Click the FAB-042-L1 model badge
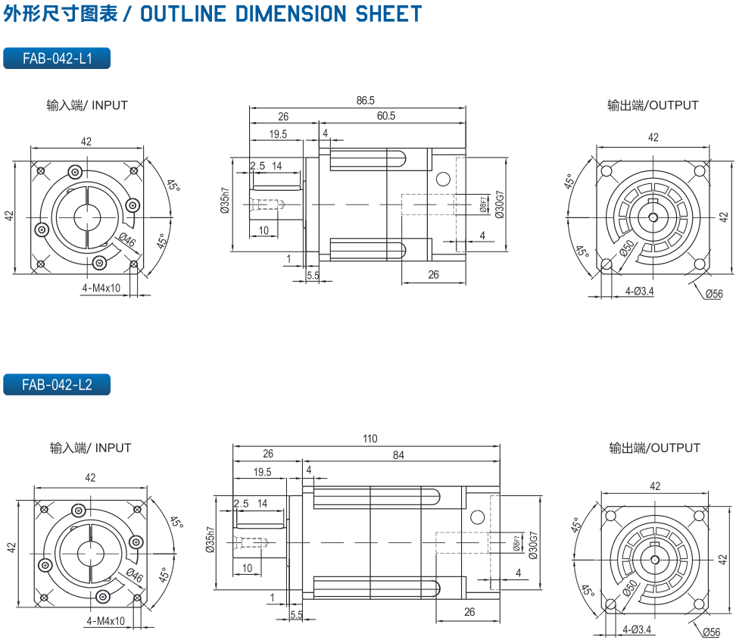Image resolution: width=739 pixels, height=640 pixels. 57,58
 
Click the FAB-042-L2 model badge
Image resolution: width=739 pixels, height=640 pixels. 57,385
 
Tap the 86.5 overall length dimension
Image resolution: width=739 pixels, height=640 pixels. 365,100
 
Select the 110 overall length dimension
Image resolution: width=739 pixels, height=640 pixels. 369,439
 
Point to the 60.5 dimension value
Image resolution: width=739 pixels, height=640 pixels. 386,116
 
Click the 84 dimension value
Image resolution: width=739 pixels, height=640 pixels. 398,454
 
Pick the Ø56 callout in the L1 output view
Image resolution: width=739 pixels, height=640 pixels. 713,294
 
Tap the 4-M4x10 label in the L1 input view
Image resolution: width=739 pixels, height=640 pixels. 102,288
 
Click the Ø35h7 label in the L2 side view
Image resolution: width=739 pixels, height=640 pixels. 209,542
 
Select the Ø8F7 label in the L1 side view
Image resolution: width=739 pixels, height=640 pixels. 483,204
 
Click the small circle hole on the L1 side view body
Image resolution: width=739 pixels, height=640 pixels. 443,179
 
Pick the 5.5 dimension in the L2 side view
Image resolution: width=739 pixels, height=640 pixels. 296,615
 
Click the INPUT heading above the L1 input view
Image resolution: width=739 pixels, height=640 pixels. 110,105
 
